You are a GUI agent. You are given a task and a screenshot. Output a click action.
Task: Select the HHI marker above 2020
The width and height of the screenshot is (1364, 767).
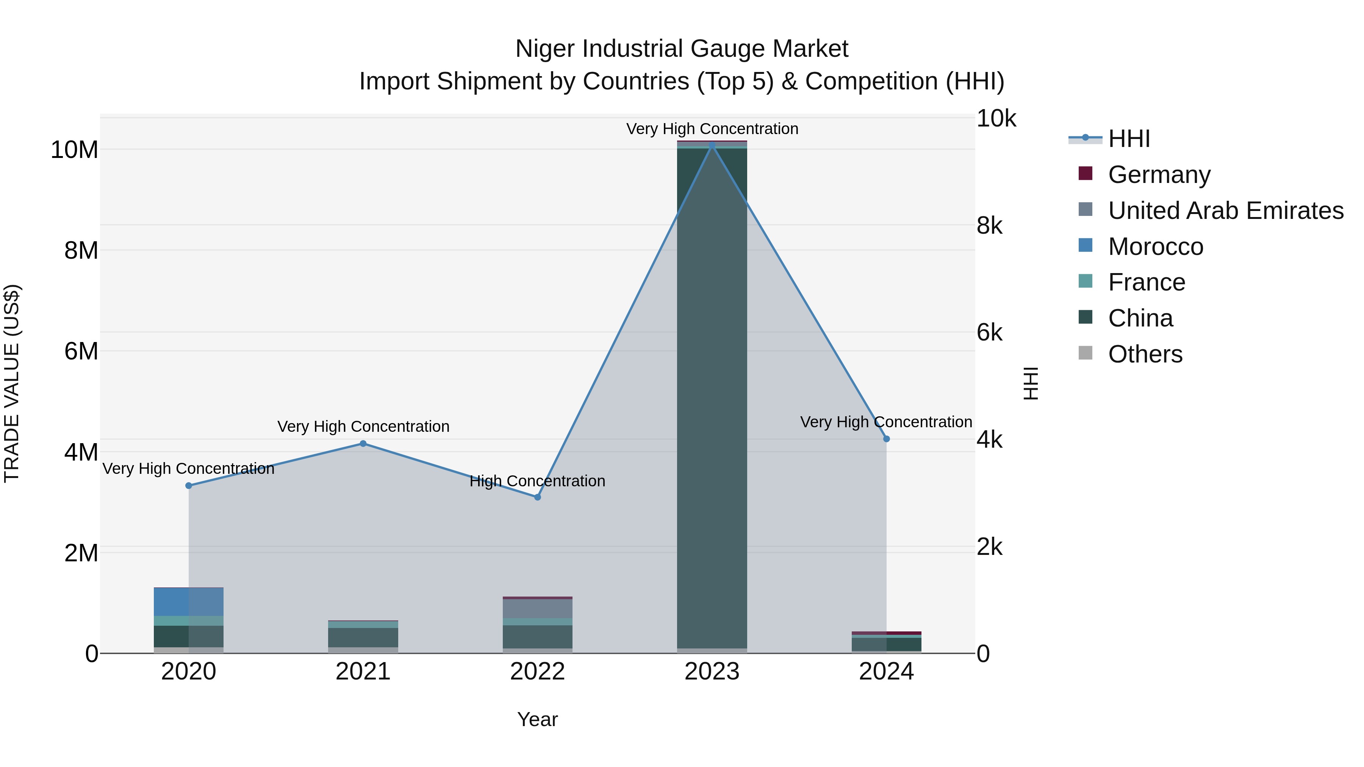coord(189,486)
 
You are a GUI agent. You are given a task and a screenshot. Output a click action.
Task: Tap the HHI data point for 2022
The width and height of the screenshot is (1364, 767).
coord(537,497)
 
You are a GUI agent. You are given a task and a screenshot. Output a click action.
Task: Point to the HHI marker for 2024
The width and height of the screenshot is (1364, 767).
coord(886,439)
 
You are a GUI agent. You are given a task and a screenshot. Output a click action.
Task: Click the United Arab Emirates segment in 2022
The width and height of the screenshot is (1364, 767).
coord(537,609)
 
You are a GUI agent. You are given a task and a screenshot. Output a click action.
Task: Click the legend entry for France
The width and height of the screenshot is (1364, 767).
coord(1147,282)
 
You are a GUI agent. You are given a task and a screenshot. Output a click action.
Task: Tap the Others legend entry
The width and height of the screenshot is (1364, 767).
coord(1145,354)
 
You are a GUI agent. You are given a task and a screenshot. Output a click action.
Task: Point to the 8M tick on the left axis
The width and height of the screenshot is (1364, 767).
coord(81,250)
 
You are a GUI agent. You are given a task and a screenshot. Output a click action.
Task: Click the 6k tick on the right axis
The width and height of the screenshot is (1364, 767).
coord(989,333)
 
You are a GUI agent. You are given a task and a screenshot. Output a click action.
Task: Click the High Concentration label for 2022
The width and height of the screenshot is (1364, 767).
coord(537,481)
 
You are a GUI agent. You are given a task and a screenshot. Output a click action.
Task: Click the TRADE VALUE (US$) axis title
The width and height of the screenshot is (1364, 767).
coord(12,383)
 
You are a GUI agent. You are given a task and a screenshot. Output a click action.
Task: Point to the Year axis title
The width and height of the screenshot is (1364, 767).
coord(537,719)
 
